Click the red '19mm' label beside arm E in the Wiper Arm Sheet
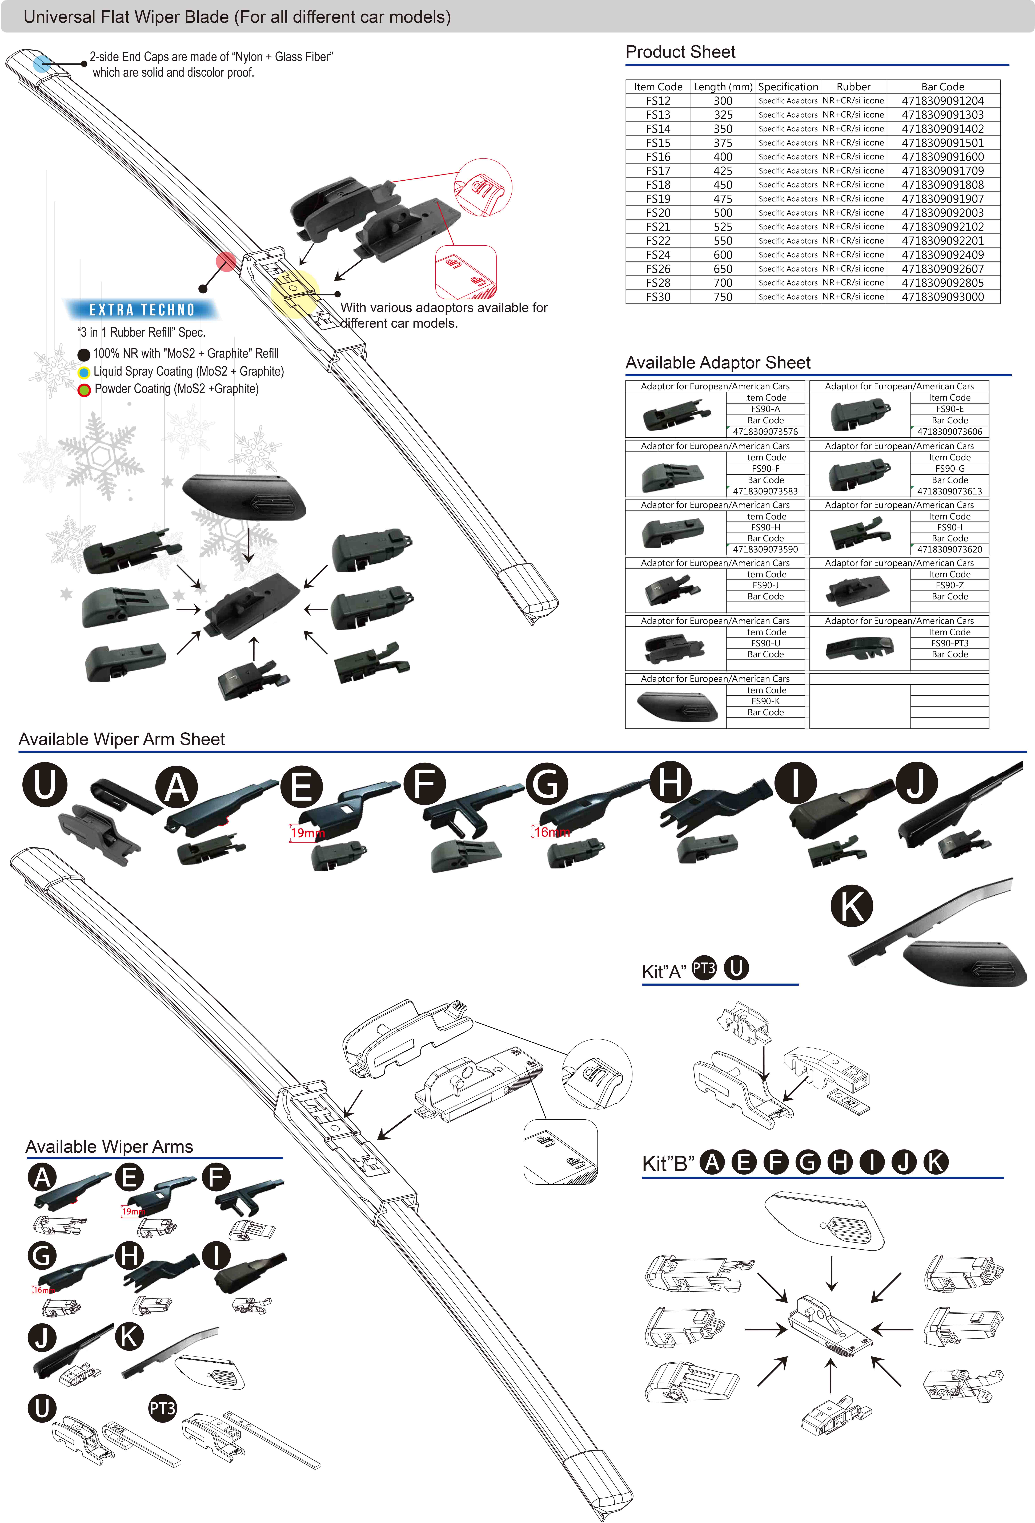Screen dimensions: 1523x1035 [307, 833]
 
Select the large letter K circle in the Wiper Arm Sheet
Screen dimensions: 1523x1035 [852, 906]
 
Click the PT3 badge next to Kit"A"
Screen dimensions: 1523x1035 [704, 968]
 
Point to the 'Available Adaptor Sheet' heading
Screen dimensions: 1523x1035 [718, 363]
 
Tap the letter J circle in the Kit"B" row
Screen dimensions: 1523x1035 [904, 1163]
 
